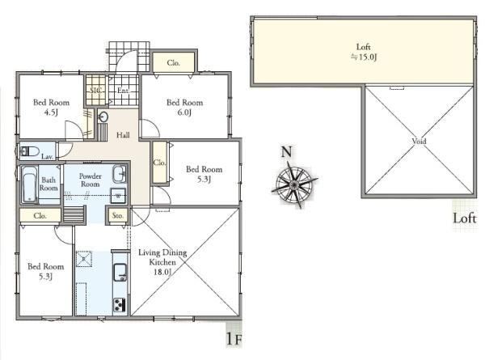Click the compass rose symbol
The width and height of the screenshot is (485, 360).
pyautogui.click(x=294, y=184)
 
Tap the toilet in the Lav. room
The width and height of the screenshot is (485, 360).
pyautogui.click(x=29, y=151)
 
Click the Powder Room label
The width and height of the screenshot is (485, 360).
pyautogui.click(x=90, y=180)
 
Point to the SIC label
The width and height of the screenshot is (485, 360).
pyautogui.click(x=96, y=91)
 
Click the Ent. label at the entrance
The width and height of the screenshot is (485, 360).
pyautogui.click(x=123, y=91)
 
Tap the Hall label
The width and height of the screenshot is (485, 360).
pyautogui.click(x=123, y=135)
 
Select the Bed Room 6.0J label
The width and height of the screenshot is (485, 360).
pyautogui.click(x=184, y=107)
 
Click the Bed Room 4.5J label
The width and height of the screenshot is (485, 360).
pyautogui.click(x=52, y=107)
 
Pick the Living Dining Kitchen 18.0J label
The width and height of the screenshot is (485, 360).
pyautogui.click(x=162, y=262)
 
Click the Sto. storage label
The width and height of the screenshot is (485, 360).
pyautogui.click(x=117, y=215)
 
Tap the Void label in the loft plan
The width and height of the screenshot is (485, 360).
pyautogui.click(x=419, y=141)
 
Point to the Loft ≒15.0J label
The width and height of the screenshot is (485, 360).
pyautogui.click(x=364, y=52)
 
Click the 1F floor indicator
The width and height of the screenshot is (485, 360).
pyautogui.click(x=234, y=339)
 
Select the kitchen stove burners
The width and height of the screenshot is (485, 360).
pyautogui.click(x=120, y=304)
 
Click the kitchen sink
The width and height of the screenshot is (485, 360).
pyautogui.click(x=120, y=272)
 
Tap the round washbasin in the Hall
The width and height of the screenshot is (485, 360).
pyautogui.click(x=103, y=117)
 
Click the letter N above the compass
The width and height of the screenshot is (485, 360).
pyautogui.click(x=286, y=152)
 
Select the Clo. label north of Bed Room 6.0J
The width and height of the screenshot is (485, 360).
pyautogui.click(x=173, y=63)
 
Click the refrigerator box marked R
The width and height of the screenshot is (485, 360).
pyautogui.click(x=84, y=258)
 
